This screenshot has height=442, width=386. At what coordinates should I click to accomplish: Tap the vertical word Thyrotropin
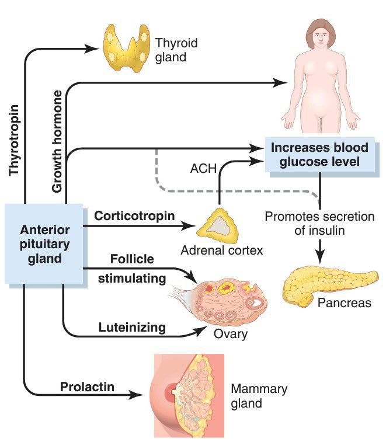(x=15, y=140)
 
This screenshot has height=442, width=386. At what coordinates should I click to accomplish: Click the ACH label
(x=203, y=169)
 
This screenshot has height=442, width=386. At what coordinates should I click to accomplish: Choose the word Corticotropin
(x=134, y=216)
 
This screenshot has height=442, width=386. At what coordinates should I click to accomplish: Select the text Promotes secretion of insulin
(x=319, y=224)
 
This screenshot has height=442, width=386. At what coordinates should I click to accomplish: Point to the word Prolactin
(x=87, y=387)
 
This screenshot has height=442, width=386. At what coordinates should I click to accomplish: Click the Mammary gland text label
(x=251, y=396)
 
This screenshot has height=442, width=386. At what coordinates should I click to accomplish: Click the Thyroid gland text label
(x=176, y=50)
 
